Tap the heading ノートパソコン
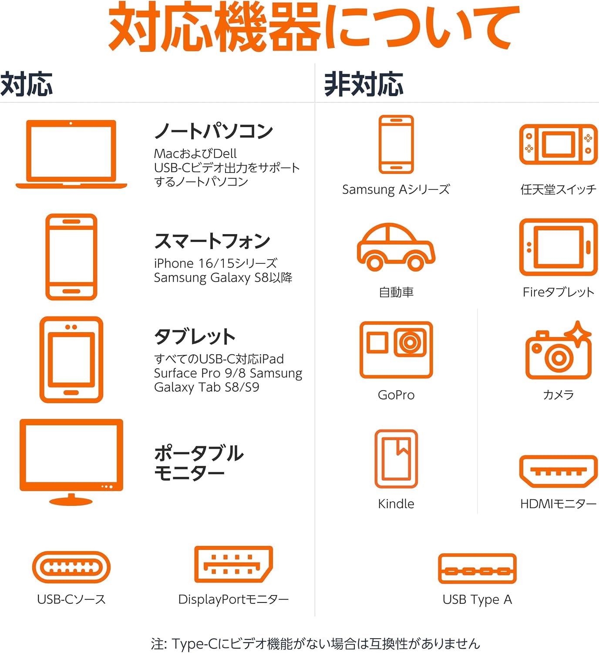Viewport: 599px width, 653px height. coord(214,131)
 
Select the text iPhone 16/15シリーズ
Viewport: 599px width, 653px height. coord(215,263)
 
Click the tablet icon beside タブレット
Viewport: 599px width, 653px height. coord(71,360)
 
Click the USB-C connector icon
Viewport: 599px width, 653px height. coord(71,567)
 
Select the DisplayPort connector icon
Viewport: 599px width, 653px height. coord(233,564)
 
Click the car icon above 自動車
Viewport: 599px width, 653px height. coord(396,247)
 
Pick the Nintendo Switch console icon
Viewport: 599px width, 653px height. coord(559,144)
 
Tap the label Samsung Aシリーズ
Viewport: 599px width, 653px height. coord(396,189)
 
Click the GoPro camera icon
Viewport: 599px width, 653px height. coord(396,350)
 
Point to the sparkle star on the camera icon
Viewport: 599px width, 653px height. coord(578,333)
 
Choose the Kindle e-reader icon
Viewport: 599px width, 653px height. coord(396,459)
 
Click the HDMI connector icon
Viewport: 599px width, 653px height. coord(559,471)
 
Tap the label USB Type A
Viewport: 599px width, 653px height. coord(477,599)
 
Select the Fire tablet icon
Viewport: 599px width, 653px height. coord(559,247)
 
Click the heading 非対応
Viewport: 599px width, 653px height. coord(363,84)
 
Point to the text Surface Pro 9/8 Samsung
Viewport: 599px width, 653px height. coord(228,373)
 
